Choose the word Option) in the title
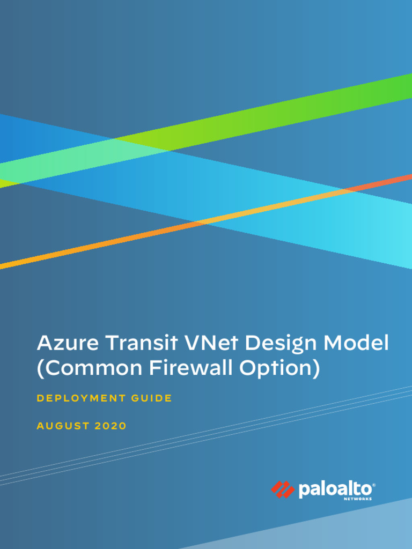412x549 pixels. (279, 369)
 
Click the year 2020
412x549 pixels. (111, 426)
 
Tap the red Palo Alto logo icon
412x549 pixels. (282, 489)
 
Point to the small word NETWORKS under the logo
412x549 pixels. (357, 499)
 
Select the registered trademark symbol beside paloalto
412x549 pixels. (374, 485)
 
